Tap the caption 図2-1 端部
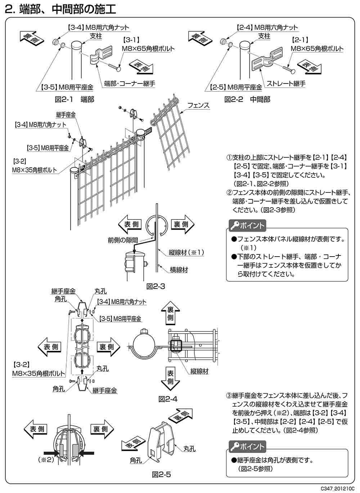coord(75,99)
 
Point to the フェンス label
coord(198,105)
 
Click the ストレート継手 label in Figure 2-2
coord(286,83)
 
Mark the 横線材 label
coord(178,269)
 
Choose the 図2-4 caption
coord(168,399)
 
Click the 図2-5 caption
coord(161,475)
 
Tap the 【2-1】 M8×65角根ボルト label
coord(317,45)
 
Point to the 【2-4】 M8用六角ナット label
coord(267,27)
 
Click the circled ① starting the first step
coord(229,158)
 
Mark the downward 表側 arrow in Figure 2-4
coord(170,378)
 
